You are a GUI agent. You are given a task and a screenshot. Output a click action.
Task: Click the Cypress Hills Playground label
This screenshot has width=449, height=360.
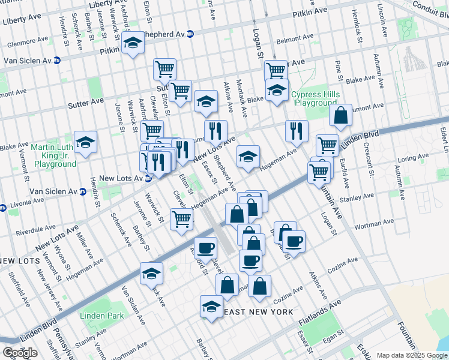pos(315,99)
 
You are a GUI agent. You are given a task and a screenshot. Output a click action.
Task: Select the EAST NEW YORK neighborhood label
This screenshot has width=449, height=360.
pos(258,312)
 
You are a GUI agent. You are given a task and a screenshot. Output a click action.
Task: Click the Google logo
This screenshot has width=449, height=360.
pos(19,352)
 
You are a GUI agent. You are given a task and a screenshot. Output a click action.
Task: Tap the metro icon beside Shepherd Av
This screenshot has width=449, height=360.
pos(190,34)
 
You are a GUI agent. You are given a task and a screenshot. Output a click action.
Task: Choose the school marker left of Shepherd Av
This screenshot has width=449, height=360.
pos(133,43)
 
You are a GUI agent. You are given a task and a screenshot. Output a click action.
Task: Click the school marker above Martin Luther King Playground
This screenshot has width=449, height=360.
pos(85,142)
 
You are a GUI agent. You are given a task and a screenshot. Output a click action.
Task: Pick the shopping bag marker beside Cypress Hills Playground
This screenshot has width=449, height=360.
pos(340,116)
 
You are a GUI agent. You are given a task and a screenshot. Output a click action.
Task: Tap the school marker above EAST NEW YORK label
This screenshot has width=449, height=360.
pos(211,306)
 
